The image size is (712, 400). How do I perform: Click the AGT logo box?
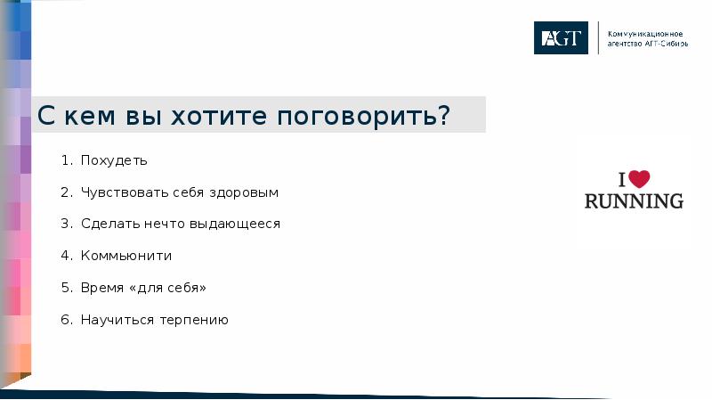561,37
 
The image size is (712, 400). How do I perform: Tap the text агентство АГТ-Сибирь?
647,44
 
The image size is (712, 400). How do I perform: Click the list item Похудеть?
113,161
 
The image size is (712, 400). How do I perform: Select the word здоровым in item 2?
245,192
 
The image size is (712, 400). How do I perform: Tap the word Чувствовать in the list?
119,192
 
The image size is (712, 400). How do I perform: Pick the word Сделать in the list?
107,224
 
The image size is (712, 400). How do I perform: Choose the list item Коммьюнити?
125,256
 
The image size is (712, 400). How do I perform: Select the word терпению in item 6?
194,320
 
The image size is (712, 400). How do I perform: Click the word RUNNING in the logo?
634,200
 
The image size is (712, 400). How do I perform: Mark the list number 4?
66,256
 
